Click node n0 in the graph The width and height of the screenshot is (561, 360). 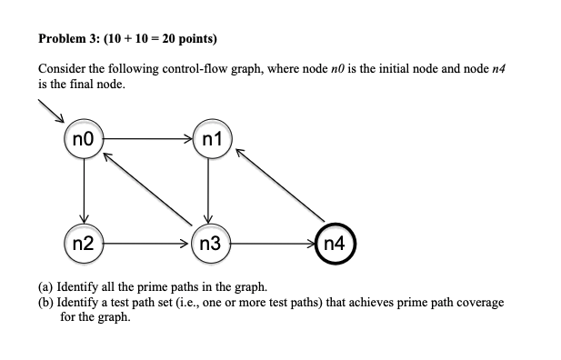84,141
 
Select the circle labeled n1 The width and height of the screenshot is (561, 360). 209,141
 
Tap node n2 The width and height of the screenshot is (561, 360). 84,243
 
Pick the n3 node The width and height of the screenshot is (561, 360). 209,243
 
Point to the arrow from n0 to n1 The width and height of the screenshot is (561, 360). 146,141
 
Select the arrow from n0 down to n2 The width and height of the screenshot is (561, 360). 84,192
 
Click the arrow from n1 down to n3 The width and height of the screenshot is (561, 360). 209,192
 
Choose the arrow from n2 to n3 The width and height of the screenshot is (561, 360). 146,243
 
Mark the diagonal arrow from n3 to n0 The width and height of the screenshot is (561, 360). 148,191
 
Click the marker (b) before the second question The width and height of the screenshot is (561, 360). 45,301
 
